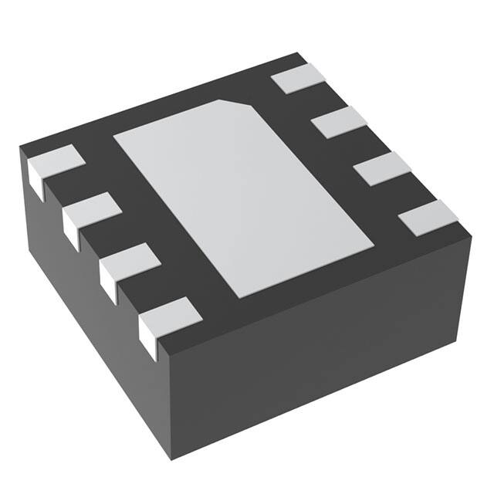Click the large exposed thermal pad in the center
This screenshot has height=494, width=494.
click(x=243, y=197)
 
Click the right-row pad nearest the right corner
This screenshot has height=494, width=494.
click(x=428, y=216)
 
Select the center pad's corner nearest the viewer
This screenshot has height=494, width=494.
click(x=245, y=297)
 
